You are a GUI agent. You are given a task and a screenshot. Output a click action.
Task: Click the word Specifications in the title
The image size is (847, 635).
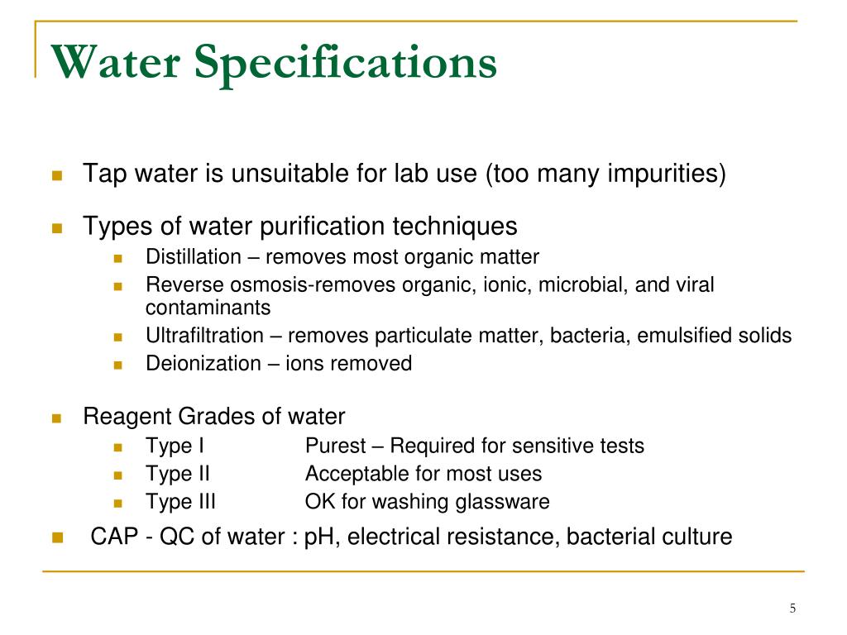click(347, 64)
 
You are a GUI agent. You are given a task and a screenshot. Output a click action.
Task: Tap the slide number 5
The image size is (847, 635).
click(792, 609)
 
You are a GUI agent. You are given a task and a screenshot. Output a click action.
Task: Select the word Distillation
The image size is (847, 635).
click(194, 257)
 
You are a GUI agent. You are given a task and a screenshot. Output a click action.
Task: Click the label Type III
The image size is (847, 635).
click(182, 502)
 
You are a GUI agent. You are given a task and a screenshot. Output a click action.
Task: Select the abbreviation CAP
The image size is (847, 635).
click(112, 537)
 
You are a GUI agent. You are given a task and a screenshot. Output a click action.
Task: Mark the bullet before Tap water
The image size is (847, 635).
click(57, 175)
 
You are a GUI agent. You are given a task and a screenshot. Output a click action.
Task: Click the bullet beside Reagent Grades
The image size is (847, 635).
click(57, 418)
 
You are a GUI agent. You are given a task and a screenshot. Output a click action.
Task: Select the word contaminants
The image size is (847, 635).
click(208, 308)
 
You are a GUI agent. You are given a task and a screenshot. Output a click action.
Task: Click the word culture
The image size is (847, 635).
click(697, 537)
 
